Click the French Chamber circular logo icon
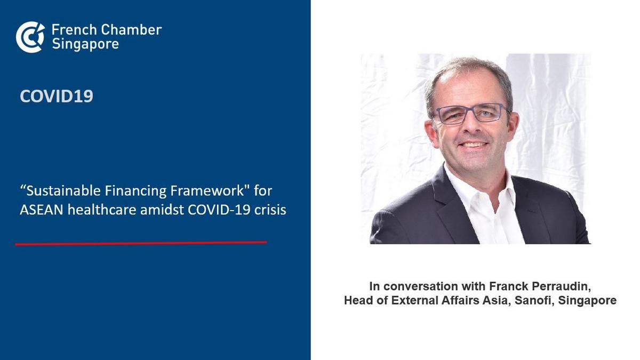(x=30, y=37)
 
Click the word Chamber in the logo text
(x=131, y=30)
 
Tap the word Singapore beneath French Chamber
(x=85, y=44)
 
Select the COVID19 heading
(x=57, y=97)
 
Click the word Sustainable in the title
(x=63, y=191)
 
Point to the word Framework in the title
(x=207, y=191)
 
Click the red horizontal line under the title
(x=141, y=243)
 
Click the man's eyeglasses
(x=473, y=114)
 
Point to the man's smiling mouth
(x=473, y=145)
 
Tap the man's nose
(x=473, y=126)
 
